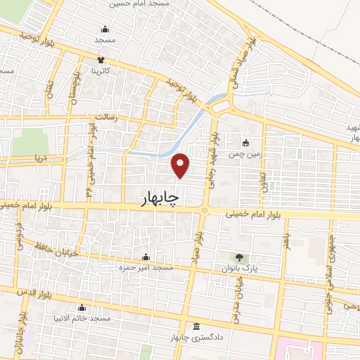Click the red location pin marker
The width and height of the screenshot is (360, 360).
point(181,164)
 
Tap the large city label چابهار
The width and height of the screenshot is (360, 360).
point(155,200)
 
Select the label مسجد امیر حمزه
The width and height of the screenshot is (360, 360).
point(146,268)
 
